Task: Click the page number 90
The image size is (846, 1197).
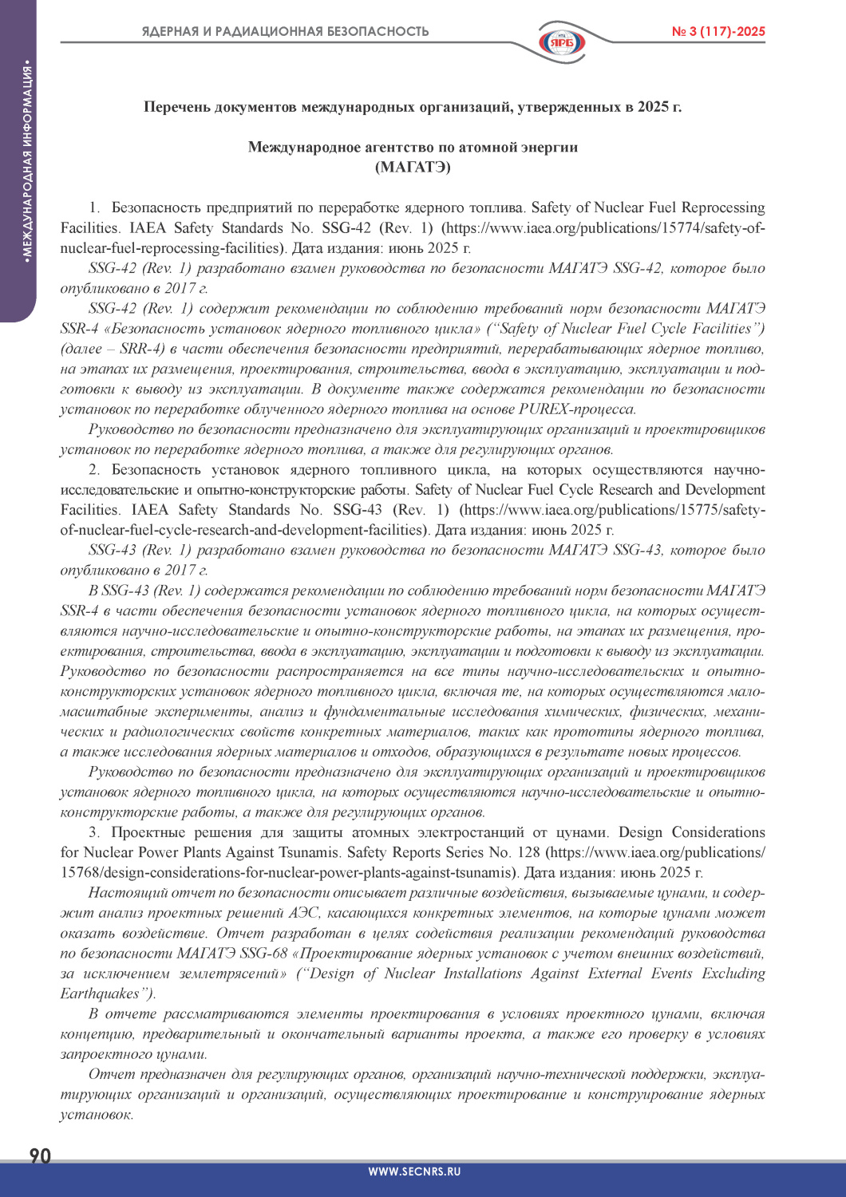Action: (x=40, y=1156)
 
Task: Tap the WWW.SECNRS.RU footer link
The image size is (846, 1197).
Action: (x=414, y=1172)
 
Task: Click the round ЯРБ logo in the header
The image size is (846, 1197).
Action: (x=561, y=41)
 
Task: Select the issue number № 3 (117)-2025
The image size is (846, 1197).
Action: (x=718, y=32)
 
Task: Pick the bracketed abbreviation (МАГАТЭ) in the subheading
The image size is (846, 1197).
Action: (x=413, y=167)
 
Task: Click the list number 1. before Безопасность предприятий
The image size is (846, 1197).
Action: (x=94, y=208)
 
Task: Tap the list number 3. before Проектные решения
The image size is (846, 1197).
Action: (x=94, y=833)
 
